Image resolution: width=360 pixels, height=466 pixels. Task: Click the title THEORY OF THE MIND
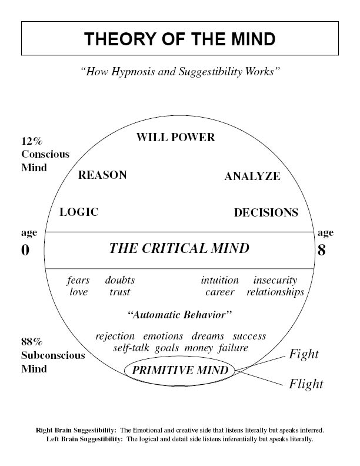179,39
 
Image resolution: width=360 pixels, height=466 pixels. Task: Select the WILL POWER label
175,138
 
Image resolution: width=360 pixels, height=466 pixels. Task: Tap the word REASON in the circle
102,175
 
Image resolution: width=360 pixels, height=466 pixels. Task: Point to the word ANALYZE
252,177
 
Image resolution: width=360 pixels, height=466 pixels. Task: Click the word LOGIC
79,212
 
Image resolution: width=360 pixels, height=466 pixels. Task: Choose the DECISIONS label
266,213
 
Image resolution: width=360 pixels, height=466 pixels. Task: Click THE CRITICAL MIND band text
179,248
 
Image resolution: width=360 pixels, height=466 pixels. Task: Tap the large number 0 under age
25,250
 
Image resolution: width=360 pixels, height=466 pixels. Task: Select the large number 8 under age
321,250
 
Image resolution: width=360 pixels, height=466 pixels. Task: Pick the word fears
78,281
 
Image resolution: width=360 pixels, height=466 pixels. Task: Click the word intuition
219,281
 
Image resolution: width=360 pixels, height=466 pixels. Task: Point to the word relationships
275,292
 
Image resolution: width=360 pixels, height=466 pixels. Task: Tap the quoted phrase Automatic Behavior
179,315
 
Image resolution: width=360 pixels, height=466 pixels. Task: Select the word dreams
208,337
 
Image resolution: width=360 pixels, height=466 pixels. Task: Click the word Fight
304,354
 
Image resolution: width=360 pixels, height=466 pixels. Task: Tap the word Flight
306,385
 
